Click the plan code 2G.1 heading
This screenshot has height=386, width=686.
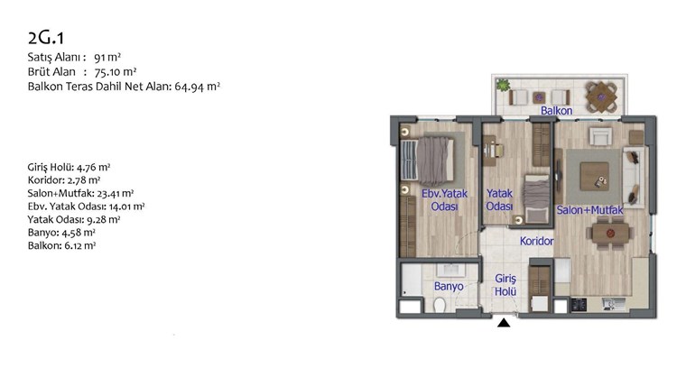[x=46, y=38]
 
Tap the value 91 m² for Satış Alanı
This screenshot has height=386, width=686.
[x=107, y=57]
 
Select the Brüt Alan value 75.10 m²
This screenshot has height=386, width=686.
[x=116, y=71]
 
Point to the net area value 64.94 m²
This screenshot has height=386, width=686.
[x=197, y=87]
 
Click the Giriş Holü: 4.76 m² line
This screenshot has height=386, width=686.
[x=69, y=167]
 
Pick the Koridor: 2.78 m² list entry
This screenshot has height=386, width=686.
[x=64, y=180]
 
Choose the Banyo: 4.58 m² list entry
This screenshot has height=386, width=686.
[x=61, y=233]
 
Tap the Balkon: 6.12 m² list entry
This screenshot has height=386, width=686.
[x=61, y=245]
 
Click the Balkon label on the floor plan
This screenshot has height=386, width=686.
[x=557, y=111]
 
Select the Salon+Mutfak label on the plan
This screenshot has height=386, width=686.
[x=589, y=210]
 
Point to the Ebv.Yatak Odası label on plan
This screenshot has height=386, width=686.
[x=444, y=200]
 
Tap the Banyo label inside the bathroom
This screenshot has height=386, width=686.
[x=449, y=286]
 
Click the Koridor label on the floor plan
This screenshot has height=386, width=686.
[x=536, y=241]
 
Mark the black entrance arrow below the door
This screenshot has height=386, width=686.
[x=504, y=323]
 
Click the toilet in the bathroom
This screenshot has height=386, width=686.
[x=440, y=305]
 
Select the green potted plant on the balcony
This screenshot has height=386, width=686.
[x=503, y=85]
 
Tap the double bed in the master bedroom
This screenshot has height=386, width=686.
[x=428, y=160]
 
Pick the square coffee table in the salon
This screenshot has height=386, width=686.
[x=594, y=176]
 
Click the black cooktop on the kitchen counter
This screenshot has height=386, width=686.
[x=579, y=304]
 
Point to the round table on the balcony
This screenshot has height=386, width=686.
[x=602, y=96]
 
